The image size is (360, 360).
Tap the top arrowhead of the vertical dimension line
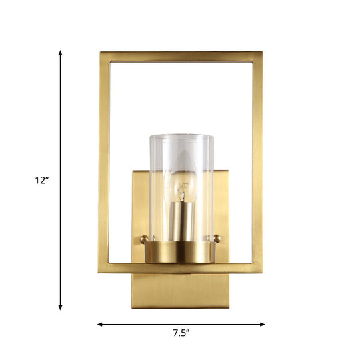click(x=61, y=53)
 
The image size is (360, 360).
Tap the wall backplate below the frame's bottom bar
click(x=181, y=290)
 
